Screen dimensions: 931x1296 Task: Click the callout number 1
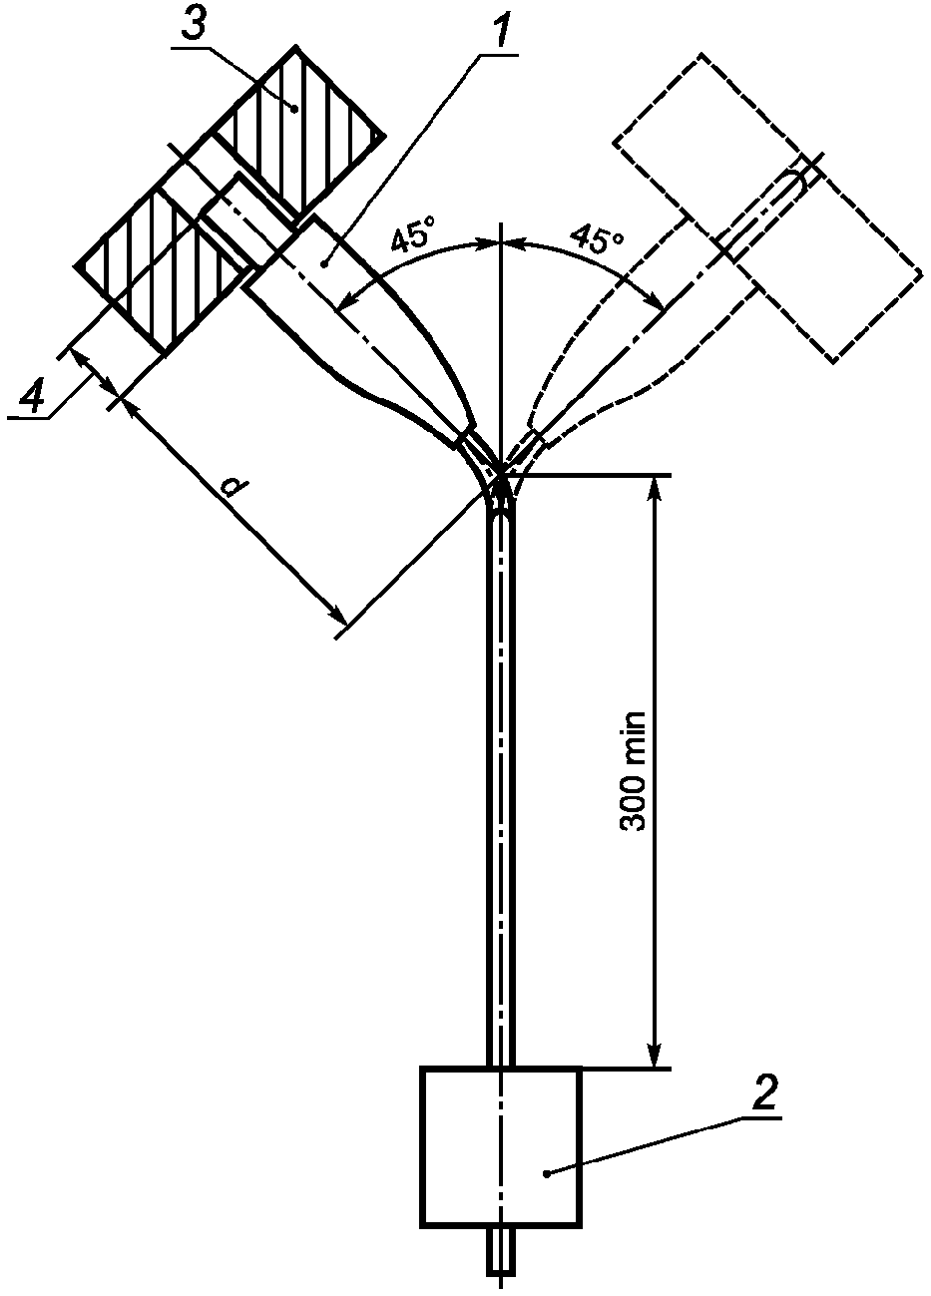click(x=501, y=29)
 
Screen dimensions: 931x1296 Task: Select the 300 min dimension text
click(x=633, y=771)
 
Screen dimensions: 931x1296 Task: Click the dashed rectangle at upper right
click(x=766, y=209)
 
